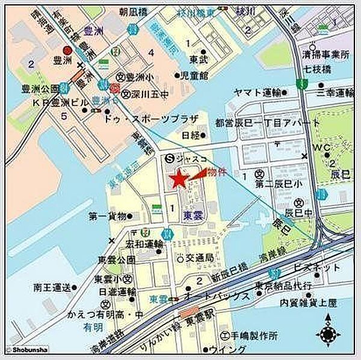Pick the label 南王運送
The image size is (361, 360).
pos(35,286)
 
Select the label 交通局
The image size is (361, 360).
pos(202,258)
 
